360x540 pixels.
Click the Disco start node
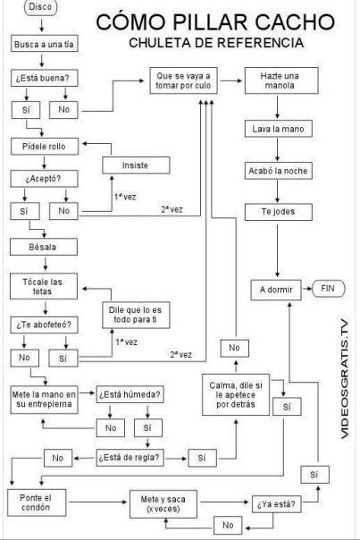[40, 7]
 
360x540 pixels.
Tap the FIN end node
[329, 289]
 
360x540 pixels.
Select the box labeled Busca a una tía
[44, 44]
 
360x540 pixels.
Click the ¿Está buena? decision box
[44, 78]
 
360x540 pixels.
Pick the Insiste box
[136, 165]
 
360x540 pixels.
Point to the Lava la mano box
[279, 129]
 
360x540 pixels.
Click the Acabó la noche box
[279, 171]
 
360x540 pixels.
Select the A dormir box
[276, 290]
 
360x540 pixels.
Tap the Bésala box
[44, 247]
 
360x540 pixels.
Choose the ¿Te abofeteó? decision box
[44, 325]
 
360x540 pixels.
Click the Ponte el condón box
[37, 502]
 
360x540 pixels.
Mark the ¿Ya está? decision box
[276, 504]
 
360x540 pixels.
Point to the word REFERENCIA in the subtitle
[260, 43]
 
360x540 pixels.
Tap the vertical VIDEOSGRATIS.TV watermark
[345, 379]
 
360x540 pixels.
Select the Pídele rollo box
[45, 147]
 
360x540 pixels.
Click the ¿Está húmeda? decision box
[130, 394]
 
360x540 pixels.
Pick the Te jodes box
[279, 212]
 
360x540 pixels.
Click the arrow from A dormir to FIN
[306, 288]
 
